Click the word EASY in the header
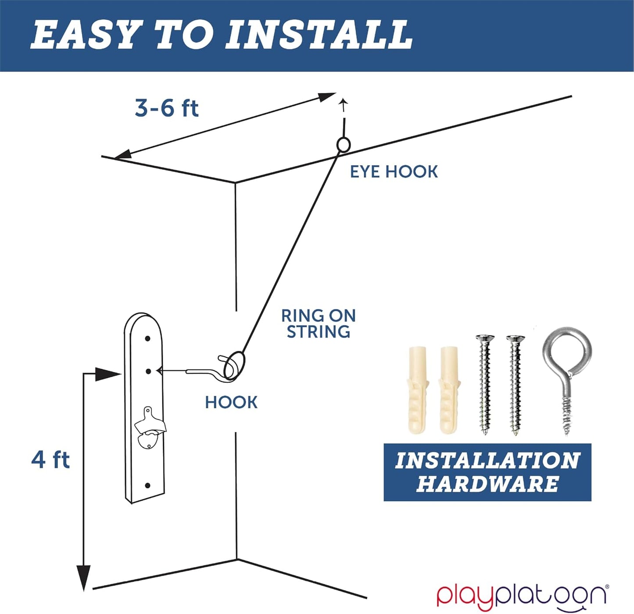[83, 35]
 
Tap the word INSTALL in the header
[319, 35]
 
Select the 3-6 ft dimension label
[166, 108]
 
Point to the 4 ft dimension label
[50, 460]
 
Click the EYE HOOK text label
[394, 171]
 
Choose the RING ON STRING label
[318, 324]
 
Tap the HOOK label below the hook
[231, 402]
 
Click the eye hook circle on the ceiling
[344, 145]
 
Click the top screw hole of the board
[147, 339]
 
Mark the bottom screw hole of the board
[147, 485]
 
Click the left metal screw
[485, 385]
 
